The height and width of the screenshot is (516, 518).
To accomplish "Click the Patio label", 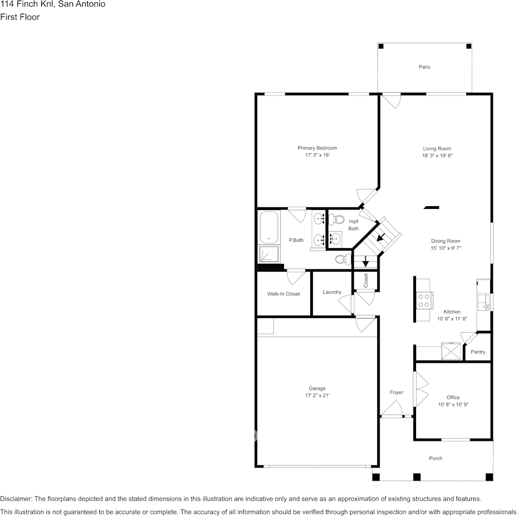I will (424, 67).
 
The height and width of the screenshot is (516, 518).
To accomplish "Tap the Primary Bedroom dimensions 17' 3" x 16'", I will (317, 155).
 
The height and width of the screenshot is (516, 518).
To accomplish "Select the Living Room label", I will (437, 148).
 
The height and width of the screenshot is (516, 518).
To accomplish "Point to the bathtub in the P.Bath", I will (269, 227).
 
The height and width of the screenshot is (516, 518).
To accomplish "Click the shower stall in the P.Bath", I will (269, 254).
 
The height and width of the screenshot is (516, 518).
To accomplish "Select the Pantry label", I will (478, 352).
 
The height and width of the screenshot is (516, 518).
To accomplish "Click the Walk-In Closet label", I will (284, 294).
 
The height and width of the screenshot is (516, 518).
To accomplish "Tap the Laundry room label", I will (332, 292).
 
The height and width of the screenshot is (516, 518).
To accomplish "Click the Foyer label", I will (396, 392).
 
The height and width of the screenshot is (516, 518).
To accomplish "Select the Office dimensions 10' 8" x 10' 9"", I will (453, 405).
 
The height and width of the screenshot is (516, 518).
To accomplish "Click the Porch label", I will (436, 458).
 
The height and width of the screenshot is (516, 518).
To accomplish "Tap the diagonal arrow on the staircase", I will (381, 236).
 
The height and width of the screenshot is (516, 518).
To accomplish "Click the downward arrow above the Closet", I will (365, 262).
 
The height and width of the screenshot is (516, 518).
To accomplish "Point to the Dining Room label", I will (445, 241).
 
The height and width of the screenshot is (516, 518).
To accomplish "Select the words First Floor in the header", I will (20, 17).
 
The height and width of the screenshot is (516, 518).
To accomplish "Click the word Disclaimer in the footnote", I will (16, 499).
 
